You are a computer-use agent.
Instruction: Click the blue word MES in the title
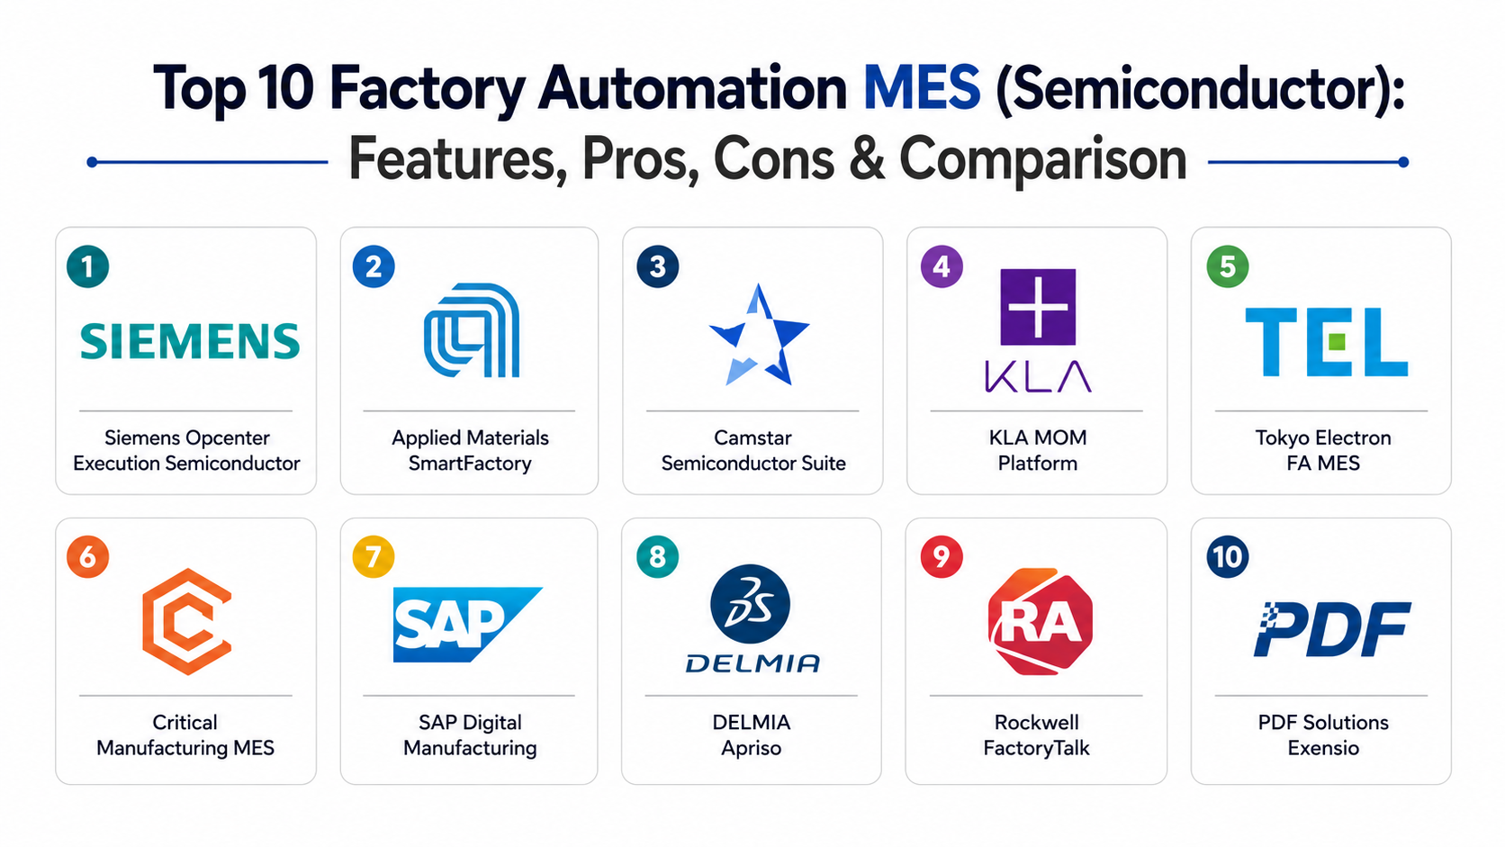pyautogui.click(x=921, y=88)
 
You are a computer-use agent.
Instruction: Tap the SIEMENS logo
pyautogui.click(x=190, y=341)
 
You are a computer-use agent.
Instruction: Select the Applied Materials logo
pyautogui.click(x=472, y=330)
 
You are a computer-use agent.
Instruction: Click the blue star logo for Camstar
pyautogui.click(x=759, y=335)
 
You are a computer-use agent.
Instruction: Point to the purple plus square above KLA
pyautogui.click(x=1038, y=307)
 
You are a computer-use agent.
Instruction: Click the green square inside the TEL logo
pyautogui.click(x=1337, y=343)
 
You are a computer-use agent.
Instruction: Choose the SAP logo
pyautogui.click(x=467, y=625)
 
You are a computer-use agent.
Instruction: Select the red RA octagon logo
pyautogui.click(x=1040, y=621)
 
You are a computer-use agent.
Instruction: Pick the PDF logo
pyautogui.click(x=1332, y=628)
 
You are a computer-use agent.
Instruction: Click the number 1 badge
pyautogui.click(x=88, y=266)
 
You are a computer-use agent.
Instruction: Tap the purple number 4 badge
pyautogui.click(x=942, y=266)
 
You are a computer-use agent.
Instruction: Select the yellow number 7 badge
pyautogui.click(x=374, y=557)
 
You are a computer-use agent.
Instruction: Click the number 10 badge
pyautogui.click(x=1228, y=557)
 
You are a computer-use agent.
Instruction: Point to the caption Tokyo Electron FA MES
pyautogui.click(x=1323, y=450)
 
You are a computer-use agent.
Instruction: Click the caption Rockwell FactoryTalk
pyautogui.click(x=1037, y=734)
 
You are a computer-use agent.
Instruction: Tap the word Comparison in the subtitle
pyautogui.click(x=1042, y=160)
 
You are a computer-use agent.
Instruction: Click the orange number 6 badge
pyautogui.click(x=88, y=557)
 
